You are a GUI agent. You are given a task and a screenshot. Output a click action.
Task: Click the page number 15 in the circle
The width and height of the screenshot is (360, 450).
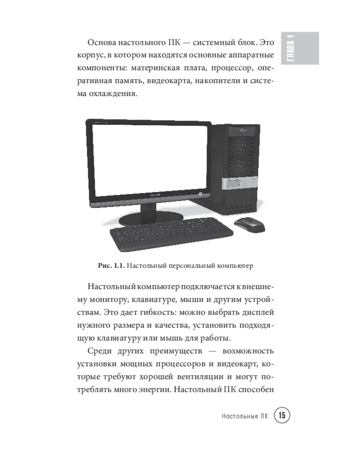[x=282, y=415]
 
